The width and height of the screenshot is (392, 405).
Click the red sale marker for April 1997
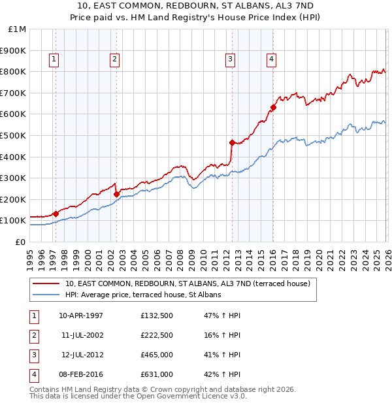[56, 214]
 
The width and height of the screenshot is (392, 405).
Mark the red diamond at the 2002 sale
[116, 194]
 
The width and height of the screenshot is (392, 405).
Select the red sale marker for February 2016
[273, 107]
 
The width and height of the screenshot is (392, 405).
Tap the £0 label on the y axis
[20, 242]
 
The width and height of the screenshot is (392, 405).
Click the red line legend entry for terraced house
[189, 283]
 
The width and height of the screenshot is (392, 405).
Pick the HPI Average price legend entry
[143, 295]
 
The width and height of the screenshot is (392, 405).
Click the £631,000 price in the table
[157, 374]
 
